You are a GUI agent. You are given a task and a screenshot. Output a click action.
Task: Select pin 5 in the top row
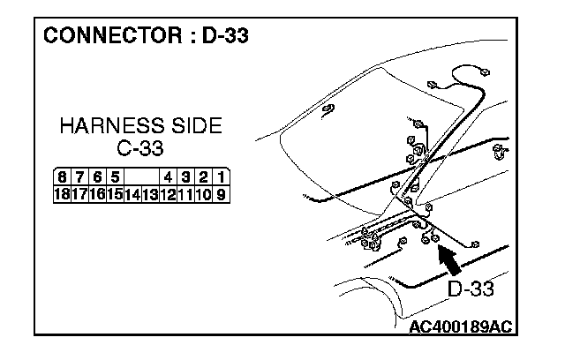click(x=116, y=177)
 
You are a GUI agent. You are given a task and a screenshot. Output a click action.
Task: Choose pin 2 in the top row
click(x=202, y=177)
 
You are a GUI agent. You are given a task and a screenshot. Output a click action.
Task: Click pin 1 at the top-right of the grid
click(x=219, y=177)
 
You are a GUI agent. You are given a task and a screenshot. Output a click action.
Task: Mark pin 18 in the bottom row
click(x=61, y=192)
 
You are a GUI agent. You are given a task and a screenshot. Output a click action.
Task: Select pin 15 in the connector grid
click(x=114, y=192)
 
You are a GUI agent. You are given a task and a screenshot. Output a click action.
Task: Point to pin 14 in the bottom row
click(x=132, y=192)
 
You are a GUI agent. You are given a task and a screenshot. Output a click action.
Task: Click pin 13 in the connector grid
click(x=150, y=192)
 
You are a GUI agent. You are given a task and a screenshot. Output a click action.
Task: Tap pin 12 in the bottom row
click(x=168, y=192)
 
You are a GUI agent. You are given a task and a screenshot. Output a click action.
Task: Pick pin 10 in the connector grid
click(x=203, y=192)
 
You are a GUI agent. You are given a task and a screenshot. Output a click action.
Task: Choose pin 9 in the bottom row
click(x=219, y=192)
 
